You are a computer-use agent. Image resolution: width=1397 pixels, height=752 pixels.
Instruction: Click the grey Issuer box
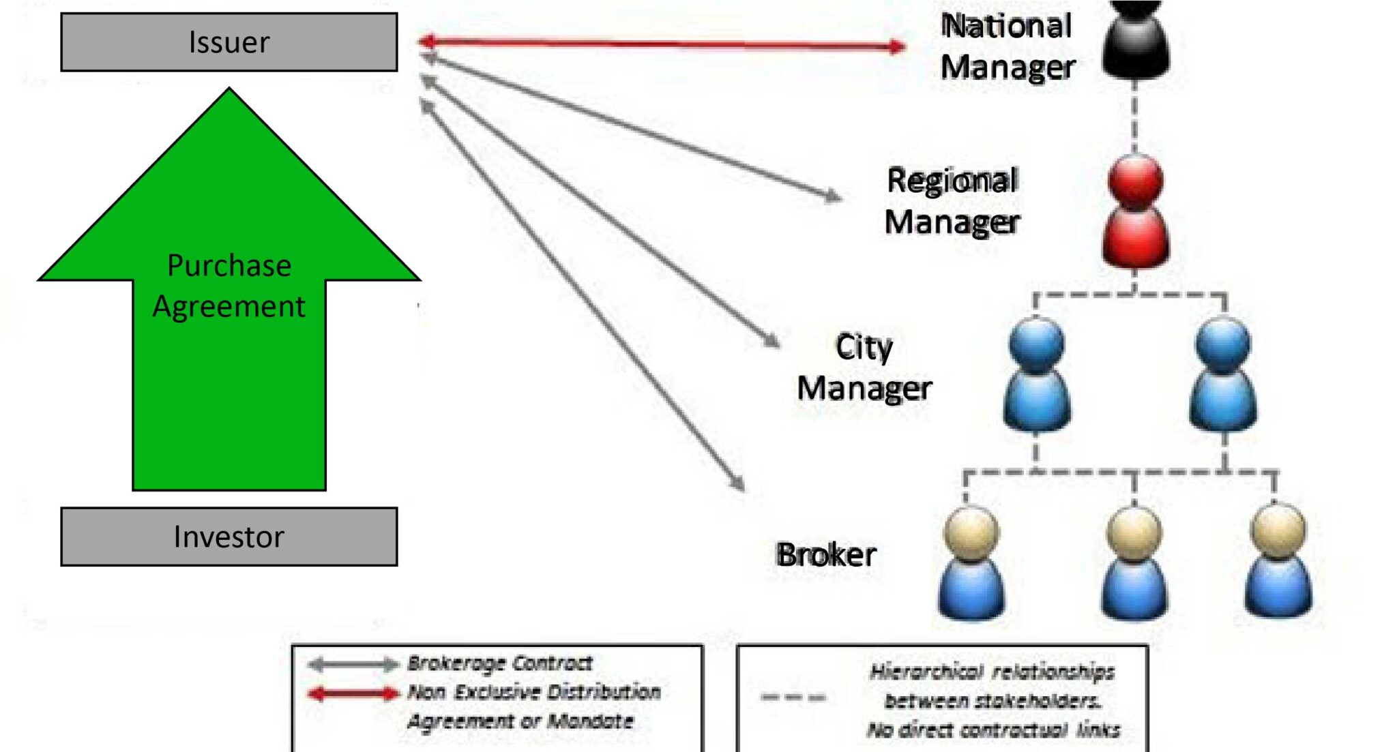(229, 42)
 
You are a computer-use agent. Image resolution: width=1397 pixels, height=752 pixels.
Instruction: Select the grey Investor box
(229, 537)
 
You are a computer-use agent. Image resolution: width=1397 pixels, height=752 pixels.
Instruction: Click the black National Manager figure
(1136, 41)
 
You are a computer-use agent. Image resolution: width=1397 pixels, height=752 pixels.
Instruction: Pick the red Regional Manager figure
(1135, 211)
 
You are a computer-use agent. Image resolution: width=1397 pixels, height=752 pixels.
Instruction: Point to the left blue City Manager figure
(1036, 375)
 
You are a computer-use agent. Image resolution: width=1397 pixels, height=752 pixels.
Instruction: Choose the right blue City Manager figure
(1223, 375)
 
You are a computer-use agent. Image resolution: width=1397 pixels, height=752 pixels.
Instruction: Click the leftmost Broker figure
(971, 562)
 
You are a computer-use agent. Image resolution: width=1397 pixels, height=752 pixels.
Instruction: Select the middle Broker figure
(1134, 562)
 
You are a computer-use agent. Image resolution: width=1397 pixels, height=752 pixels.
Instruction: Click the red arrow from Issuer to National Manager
(662, 44)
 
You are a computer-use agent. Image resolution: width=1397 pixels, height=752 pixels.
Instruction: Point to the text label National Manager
(1007, 46)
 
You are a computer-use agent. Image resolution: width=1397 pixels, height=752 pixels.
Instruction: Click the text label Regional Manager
(952, 201)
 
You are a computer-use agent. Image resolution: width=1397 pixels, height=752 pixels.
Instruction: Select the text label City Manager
(864, 368)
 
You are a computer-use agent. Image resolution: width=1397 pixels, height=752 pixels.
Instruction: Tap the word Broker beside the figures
(826, 555)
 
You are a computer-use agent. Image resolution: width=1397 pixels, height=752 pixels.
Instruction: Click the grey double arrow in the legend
(353, 664)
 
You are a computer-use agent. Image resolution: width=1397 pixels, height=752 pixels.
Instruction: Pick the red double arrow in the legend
(353, 694)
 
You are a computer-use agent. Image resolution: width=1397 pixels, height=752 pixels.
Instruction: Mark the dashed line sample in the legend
(793, 697)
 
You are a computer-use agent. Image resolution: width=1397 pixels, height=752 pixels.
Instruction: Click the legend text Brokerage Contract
(500, 663)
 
